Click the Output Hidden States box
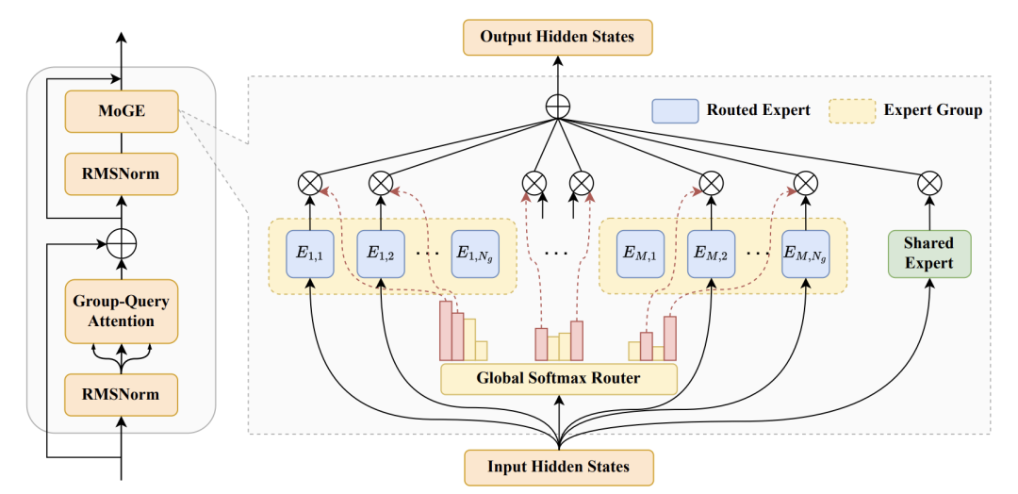pos(557,37)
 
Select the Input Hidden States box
pos(558,468)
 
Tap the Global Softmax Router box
pos(558,378)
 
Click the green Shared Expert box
pos(929,254)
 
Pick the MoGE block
pos(122,111)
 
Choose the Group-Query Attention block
pos(122,311)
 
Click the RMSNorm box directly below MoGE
pos(122,174)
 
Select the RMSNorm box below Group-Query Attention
pos(122,395)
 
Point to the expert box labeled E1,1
pos(310,254)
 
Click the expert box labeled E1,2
pos(381,254)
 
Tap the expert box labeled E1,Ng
pos(475,254)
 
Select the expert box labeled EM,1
pos(640,254)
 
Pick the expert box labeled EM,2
pos(711,254)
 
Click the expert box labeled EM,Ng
pos(805,254)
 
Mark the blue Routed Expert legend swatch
pos(675,111)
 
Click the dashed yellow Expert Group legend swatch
pos(852,111)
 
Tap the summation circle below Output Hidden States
pos(558,107)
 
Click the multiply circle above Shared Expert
pos(929,184)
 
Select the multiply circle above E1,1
pos(310,184)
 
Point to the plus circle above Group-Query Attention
pos(122,245)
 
